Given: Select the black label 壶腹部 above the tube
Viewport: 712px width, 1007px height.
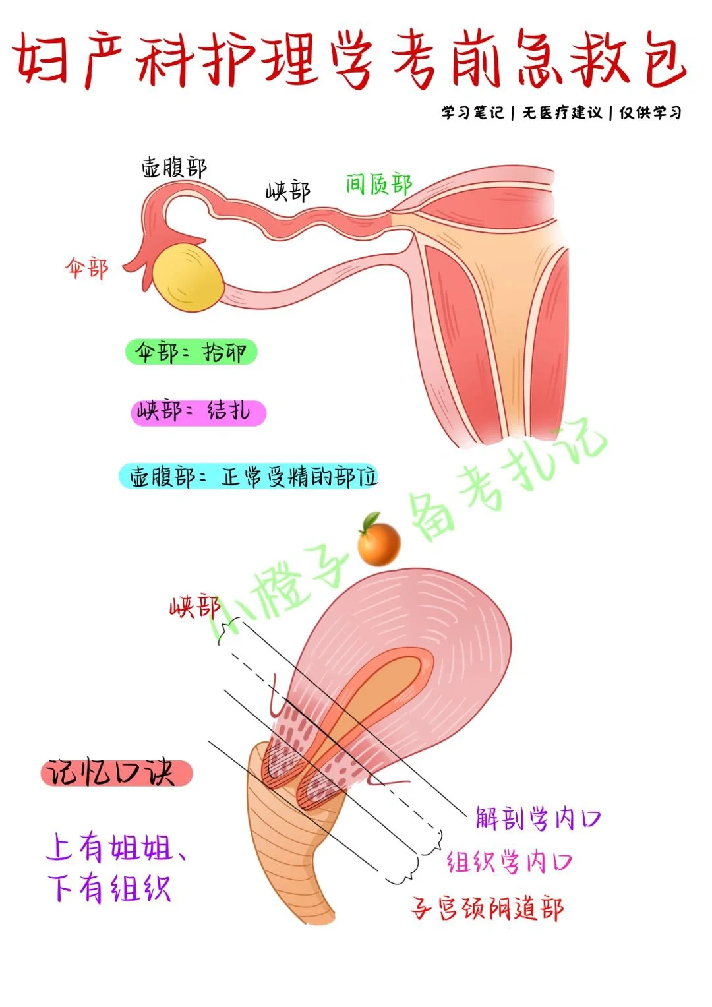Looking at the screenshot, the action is (174, 168).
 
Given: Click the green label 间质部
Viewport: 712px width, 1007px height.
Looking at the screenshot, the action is (378, 184).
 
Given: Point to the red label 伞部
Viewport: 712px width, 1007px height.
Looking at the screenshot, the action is (86, 268).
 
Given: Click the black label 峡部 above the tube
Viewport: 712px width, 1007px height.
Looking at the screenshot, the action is (287, 191).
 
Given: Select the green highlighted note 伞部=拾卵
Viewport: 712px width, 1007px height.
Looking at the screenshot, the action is (191, 352).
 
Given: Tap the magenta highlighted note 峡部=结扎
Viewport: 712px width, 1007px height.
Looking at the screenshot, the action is (198, 413).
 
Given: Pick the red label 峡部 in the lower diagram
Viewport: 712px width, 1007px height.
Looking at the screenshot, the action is (193, 605).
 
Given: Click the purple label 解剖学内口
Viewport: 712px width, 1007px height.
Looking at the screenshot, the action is (538, 819).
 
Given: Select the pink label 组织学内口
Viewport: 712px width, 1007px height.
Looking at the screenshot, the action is (509, 862).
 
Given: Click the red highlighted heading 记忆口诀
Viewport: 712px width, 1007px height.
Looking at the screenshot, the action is (116, 773).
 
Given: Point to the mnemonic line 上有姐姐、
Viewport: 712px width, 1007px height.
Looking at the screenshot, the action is (116, 847).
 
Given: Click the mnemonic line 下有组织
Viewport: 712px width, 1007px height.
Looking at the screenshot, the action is (109, 888).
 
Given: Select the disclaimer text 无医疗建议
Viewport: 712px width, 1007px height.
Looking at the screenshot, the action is (562, 113).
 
